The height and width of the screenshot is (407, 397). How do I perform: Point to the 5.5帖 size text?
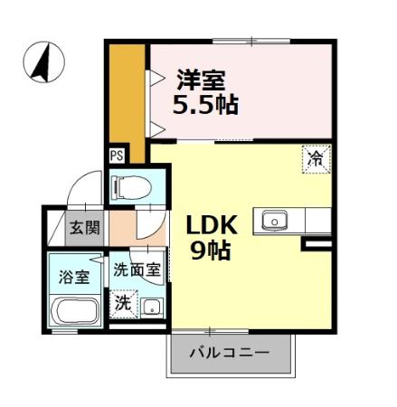(206, 105)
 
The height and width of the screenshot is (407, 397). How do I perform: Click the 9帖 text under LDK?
(210, 249)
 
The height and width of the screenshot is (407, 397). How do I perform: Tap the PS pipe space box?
(117, 155)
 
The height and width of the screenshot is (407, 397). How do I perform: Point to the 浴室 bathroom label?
(73, 277)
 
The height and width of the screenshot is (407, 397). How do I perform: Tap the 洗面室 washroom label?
(136, 270)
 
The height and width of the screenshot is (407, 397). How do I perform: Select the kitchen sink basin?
(274, 220)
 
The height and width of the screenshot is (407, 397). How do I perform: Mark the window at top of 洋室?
(251, 41)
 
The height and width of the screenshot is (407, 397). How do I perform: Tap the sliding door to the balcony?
(210, 330)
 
